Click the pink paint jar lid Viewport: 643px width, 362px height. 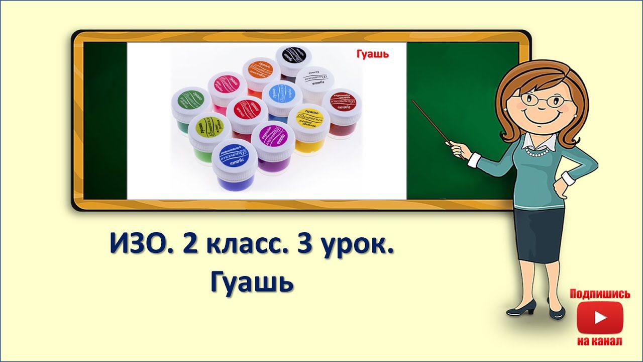(227, 84)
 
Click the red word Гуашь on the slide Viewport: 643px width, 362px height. (373, 53)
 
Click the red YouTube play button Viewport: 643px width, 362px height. (600, 318)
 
